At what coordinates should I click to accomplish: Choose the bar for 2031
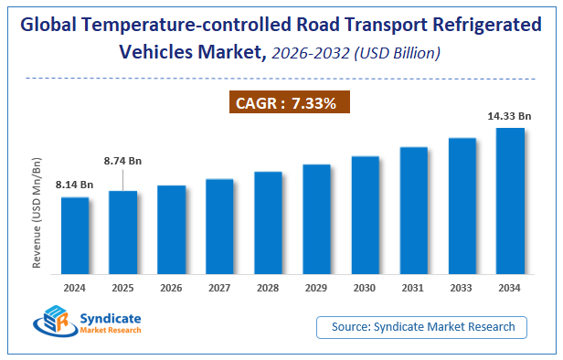click(x=413, y=209)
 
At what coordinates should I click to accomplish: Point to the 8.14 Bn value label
click(x=73, y=184)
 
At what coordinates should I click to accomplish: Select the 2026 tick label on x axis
click(x=171, y=287)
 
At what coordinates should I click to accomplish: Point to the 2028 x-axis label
click(x=268, y=287)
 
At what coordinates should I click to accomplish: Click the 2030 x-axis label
click(x=365, y=287)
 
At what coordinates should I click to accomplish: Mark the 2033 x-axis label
click(x=462, y=287)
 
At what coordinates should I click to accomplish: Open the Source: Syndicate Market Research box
click(x=422, y=326)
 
